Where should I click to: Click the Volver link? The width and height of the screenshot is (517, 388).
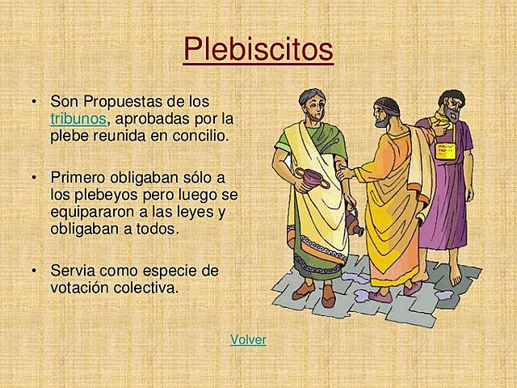click(x=248, y=339)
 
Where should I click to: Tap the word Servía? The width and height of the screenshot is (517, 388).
click(x=74, y=270)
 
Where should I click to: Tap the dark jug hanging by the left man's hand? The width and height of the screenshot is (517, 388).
click(x=353, y=219)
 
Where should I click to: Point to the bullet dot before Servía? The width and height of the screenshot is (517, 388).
click(x=35, y=270)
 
